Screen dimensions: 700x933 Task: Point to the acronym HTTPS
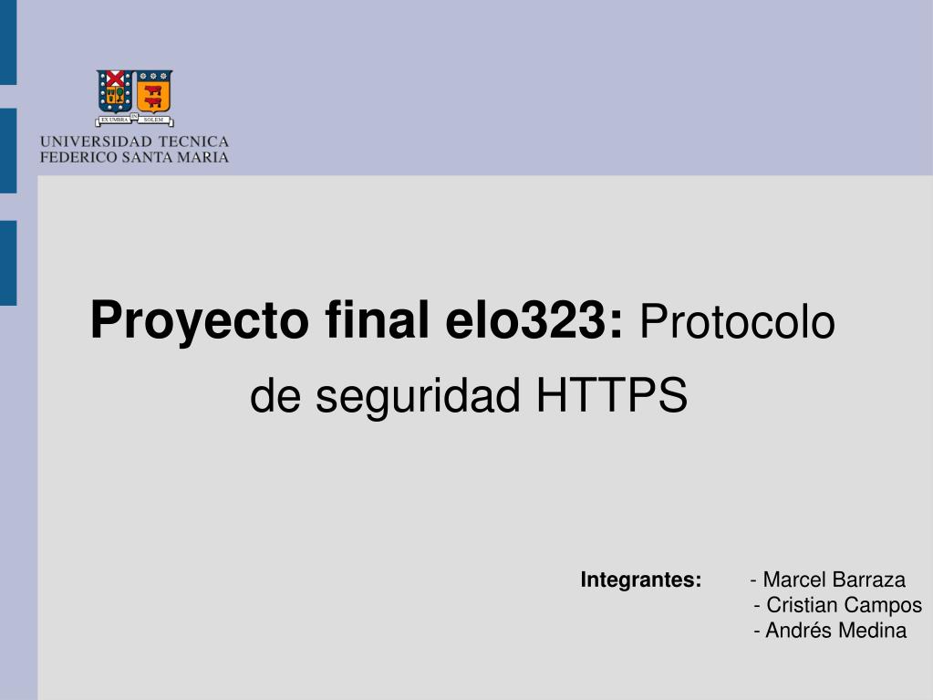(x=610, y=396)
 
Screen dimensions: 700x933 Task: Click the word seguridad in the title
(x=420, y=398)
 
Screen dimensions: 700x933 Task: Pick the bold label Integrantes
(x=641, y=580)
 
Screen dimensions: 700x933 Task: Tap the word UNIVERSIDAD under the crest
(x=95, y=142)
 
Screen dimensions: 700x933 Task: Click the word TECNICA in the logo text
(x=193, y=142)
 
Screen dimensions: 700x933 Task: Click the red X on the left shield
(x=116, y=78)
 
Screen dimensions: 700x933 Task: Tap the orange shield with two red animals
(x=154, y=90)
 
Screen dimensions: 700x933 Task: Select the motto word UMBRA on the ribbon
(x=117, y=120)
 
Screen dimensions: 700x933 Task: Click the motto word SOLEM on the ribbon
(x=152, y=120)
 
